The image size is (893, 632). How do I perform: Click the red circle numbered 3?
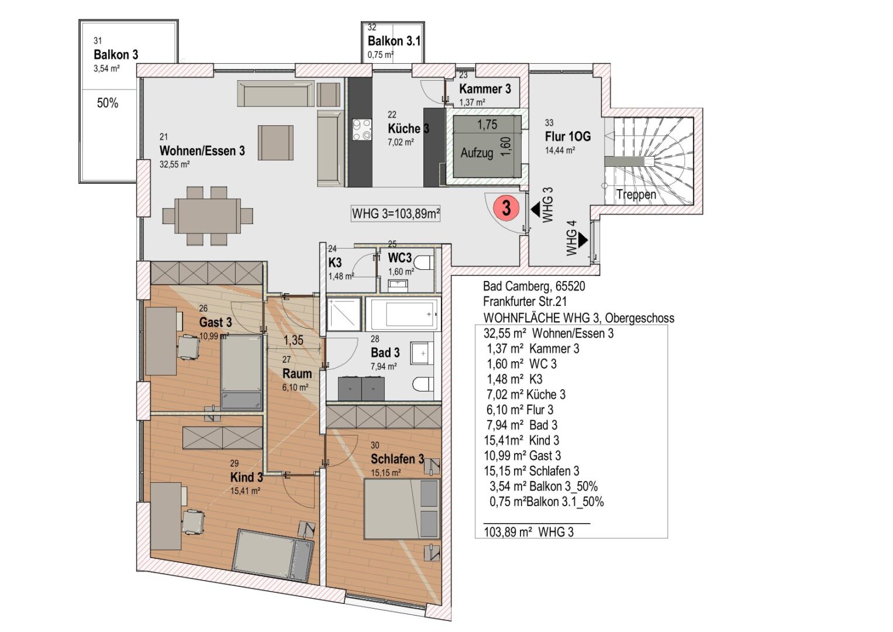click(x=506, y=208)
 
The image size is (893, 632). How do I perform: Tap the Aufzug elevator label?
click(x=477, y=153)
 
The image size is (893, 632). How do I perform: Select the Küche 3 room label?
click(x=408, y=129)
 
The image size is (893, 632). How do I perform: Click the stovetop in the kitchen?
click(x=362, y=130)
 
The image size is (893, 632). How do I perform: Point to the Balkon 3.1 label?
click(x=394, y=41)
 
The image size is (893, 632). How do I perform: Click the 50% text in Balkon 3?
click(x=108, y=104)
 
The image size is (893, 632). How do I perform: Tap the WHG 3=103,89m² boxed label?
click(x=396, y=214)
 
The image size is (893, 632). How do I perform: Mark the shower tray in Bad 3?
click(x=344, y=314)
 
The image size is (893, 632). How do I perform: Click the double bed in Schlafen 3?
click(x=401, y=509)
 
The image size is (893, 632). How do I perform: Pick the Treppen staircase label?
click(x=636, y=195)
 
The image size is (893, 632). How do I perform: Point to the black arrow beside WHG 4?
click(x=582, y=239)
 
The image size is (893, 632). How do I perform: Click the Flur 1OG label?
click(x=567, y=137)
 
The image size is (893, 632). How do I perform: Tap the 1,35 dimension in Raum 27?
click(x=294, y=340)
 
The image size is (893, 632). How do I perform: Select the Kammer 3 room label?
click(x=485, y=89)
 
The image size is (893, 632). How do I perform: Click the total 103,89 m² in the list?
click(x=529, y=532)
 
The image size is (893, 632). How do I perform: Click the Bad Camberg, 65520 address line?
click(x=533, y=286)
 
